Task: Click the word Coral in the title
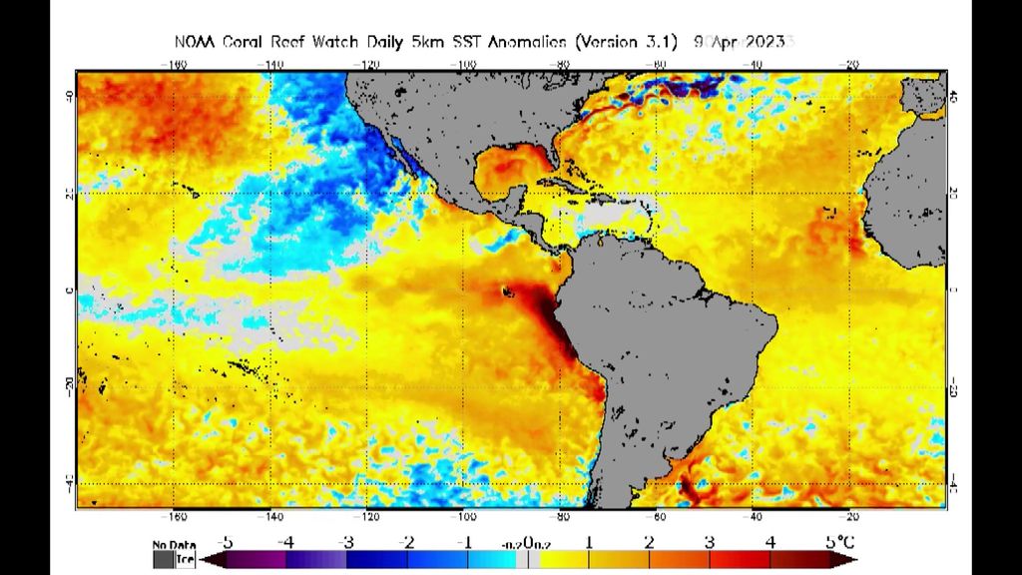tap(238, 42)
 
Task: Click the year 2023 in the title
tap(766, 42)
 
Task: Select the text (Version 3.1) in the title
tap(626, 42)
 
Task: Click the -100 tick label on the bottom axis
tap(464, 517)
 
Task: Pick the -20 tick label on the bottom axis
tap(850, 517)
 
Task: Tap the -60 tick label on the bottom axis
tap(658, 517)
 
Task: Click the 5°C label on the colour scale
tap(839, 542)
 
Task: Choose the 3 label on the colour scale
tap(709, 542)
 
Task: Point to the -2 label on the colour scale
tap(406, 542)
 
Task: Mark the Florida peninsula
tap(552, 167)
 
